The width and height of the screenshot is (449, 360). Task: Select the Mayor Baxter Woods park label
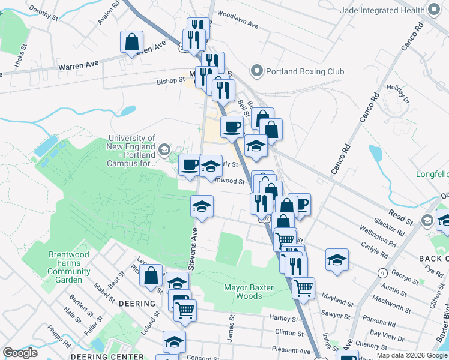(x=248, y=292)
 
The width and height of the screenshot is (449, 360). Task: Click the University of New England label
(x=131, y=150)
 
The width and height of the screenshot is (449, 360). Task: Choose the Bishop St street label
(x=170, y=80)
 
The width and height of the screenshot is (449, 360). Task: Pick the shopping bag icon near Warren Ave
(x=131, y=43)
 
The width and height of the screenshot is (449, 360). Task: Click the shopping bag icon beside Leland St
(x=151, y=275)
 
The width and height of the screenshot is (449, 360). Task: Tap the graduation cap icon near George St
(x=337, y=260)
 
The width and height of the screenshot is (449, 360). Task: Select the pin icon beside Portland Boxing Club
(x=258, y=71)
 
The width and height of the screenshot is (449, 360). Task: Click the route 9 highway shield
(x=382, y=273)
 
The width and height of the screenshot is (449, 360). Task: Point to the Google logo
(x=20, y=353)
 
